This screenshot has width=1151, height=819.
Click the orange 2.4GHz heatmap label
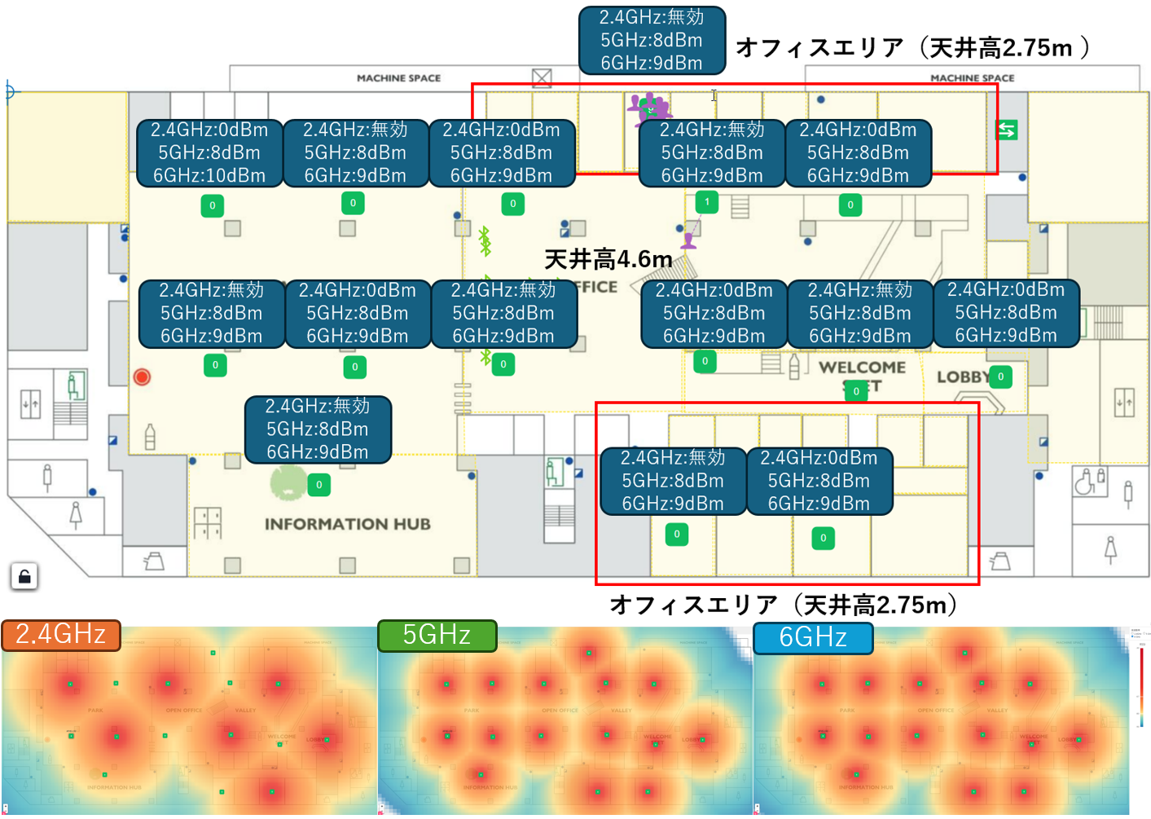pos(61,635)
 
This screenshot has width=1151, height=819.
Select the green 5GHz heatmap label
pos(437,636)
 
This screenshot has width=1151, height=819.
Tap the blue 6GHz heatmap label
pos(813,637)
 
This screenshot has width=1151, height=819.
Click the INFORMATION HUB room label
pos(347,524)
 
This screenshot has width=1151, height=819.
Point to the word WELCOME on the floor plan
pos(862,368)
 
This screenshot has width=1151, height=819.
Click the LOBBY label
pos(962,377)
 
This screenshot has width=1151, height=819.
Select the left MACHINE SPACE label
pos(398,78)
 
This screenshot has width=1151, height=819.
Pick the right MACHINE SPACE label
pos(973,78)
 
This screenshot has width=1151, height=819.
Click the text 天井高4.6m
pos(608,260)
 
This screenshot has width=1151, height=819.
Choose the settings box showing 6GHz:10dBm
pos(209,153)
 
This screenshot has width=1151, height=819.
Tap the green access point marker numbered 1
pos(707,201)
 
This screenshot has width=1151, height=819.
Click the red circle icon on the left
pos(142,376)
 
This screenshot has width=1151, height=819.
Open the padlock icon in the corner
pos(24,577)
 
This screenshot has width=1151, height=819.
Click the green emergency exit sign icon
pos(1007,130)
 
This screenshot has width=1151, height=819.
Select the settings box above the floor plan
pos(652,40)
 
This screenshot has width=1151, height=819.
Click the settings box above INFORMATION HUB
pos(318,429)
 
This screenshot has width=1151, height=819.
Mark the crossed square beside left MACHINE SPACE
pos(542,78)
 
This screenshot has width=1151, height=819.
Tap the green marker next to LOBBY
pos(1000,376)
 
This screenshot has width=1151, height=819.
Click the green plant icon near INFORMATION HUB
pos(288,482)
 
